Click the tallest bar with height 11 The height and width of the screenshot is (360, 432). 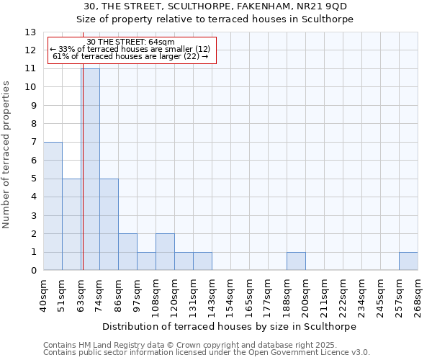click(91, 170)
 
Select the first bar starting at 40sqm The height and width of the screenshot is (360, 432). click(53, 206)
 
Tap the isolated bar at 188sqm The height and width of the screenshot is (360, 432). click(296, 261)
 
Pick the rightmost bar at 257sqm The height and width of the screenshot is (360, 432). click(408, 261)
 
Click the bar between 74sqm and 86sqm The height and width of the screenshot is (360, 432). click(109, 225)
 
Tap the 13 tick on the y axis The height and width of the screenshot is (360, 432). click(30, 32)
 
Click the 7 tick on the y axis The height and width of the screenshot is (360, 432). click(33, 143)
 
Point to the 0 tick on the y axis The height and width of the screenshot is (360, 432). click(33, 271)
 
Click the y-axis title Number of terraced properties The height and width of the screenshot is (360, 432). click(7, 155)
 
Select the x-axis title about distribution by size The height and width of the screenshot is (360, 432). click(230, 326)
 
